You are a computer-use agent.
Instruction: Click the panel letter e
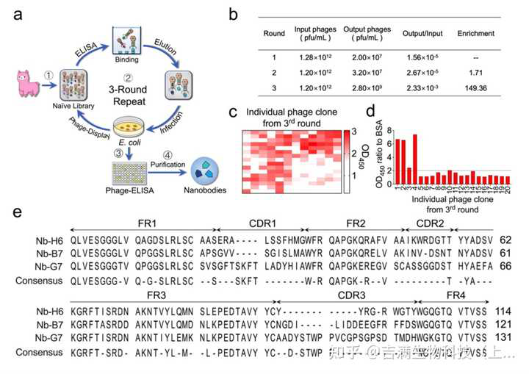tap(18, 213)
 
